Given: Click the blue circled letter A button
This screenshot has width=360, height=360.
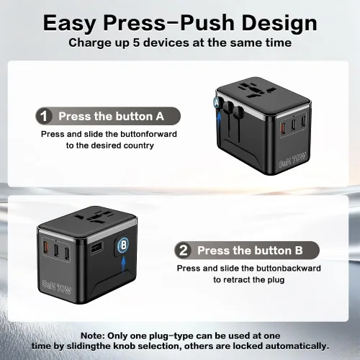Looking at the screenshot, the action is tap(217, 103).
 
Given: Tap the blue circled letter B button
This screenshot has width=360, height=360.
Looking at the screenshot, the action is tap(124, 245).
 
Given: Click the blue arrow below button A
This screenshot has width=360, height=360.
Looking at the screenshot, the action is tap(219, 118).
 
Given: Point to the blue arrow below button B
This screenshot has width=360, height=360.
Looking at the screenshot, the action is tap(124, 264).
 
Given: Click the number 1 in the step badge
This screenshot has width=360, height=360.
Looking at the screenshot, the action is tap(44, 117).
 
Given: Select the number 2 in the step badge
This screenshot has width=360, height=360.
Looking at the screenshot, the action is tap(184, 251).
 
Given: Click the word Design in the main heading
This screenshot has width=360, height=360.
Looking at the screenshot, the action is tap(279, 23).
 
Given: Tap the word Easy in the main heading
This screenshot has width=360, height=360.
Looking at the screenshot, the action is tap(70, 23).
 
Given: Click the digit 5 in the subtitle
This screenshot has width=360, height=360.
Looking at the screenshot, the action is tap(136, 42).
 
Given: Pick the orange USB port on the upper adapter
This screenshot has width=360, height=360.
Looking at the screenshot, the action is tap(282, 125).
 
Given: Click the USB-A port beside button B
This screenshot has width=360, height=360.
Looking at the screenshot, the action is tap(96, 248).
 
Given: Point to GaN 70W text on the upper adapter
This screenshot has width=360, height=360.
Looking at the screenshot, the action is tap(292, 160).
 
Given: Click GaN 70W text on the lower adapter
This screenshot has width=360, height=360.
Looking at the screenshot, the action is tap(57, 287).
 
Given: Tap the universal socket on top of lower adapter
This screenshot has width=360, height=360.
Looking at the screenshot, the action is tap(94, 216).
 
